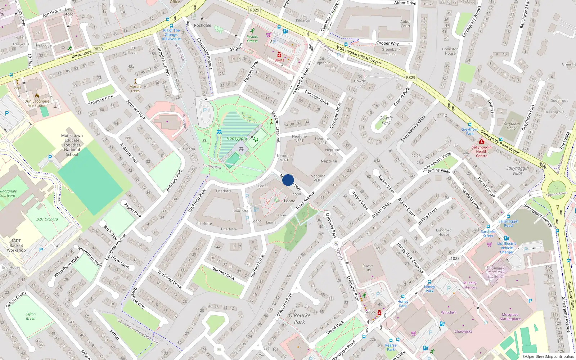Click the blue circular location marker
click(288, 180)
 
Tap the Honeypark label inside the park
click(237, 138)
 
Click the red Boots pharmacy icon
click(279, 55)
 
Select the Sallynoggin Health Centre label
click(482, 151)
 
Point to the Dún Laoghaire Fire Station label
click(37, 103)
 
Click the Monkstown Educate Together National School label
click(72, 145)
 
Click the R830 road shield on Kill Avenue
click(98, 49)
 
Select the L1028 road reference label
click(454, 258)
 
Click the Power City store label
click(368, 268)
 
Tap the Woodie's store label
click(449, 312)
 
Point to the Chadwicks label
click(463, 331)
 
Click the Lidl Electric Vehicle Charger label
click(507, 248)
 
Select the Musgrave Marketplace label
click(510, 316)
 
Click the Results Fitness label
click(252, 39)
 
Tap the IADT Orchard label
click(47, 219)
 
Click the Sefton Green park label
click(31, 316)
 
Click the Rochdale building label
click(203, 25)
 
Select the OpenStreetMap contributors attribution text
click(548, 356)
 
